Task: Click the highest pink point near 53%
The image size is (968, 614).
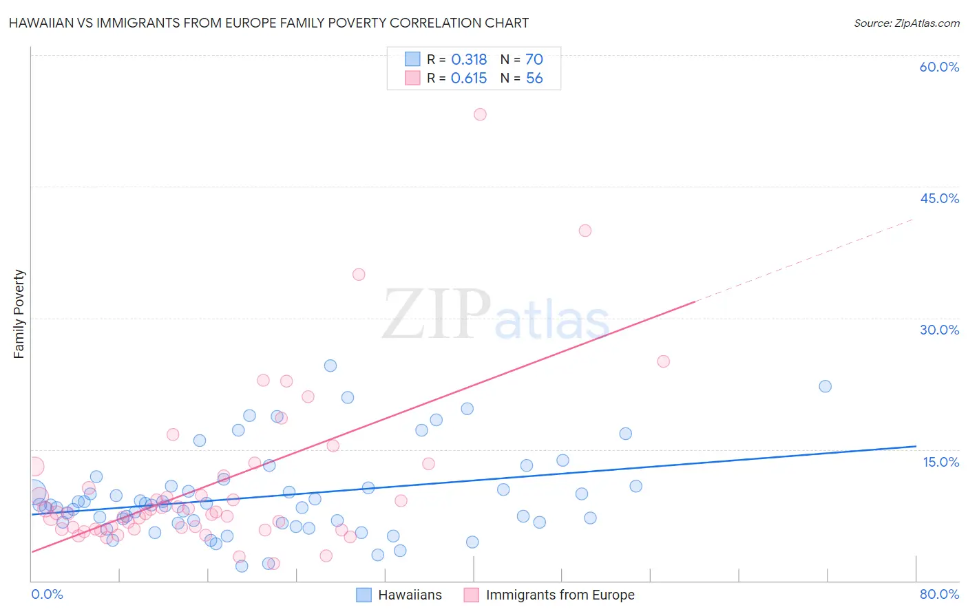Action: click(x=480, y=114)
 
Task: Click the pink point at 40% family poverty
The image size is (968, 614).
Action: click(x=585, y=231)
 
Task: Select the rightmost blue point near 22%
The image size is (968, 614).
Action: click(x=825, y=386)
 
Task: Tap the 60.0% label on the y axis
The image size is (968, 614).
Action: click(x=939, y=67)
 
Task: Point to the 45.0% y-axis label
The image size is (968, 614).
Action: click(x=939, y=198)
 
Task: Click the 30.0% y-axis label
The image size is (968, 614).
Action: click(x=939, y=330)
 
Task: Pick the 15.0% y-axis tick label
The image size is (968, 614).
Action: click(x=940, y=462)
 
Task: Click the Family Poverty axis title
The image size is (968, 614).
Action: click(x=19, y=314)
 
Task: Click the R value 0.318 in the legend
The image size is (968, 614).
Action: click(x=469, y=60)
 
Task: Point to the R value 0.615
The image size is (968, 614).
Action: click(x=469, y=78)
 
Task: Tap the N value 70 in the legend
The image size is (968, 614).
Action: click(x=534, y=60)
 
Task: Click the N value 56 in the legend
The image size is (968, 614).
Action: click(x=534, y=78)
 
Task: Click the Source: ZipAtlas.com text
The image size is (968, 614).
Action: click(x=906, y=23)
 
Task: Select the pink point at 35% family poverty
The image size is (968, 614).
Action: click(x=359, y=275)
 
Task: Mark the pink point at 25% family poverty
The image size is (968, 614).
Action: click(x=663, y=361)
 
